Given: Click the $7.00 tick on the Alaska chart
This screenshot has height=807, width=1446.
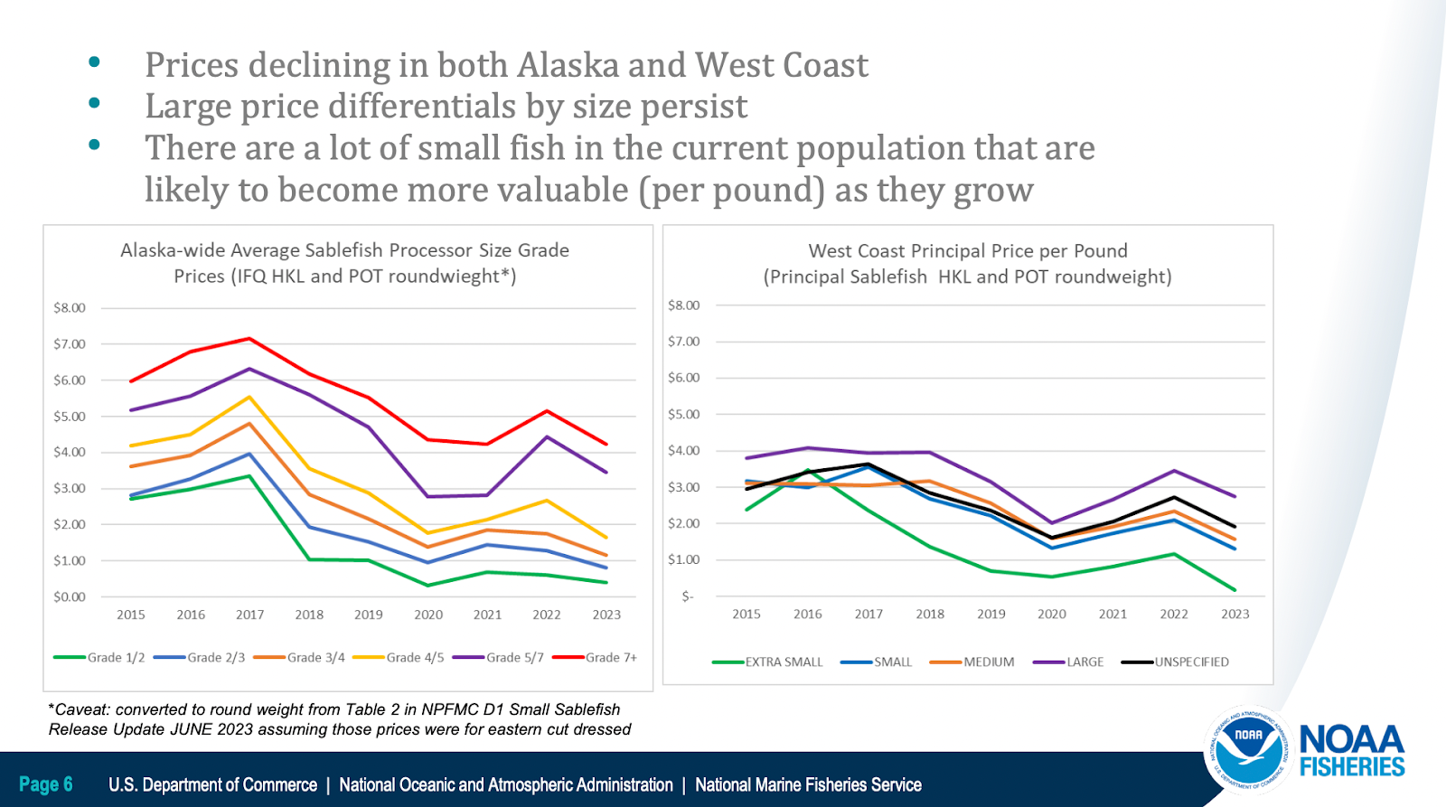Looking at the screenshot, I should [70, 344].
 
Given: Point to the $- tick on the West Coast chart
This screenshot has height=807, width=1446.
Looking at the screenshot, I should [688, 596].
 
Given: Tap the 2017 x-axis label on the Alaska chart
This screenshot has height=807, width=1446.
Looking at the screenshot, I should [250, 615].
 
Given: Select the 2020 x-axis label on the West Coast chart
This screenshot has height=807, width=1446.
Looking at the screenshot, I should [1052, 614].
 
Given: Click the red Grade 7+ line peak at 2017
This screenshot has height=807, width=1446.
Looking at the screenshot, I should [249, 339].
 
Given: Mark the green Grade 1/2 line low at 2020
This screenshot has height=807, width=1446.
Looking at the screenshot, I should [428, 586].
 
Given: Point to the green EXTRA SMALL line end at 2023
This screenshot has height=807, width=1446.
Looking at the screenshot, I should [1235, 590].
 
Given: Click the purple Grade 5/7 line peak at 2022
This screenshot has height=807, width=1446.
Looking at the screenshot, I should [547, 437].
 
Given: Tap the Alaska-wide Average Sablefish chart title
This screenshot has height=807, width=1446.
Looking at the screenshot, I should [344, 263].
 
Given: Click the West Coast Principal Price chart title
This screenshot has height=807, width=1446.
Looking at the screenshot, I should [967, 264].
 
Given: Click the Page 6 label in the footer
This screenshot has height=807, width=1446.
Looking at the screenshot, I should [46, 784].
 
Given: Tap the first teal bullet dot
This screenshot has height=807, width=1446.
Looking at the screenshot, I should [94, 62].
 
